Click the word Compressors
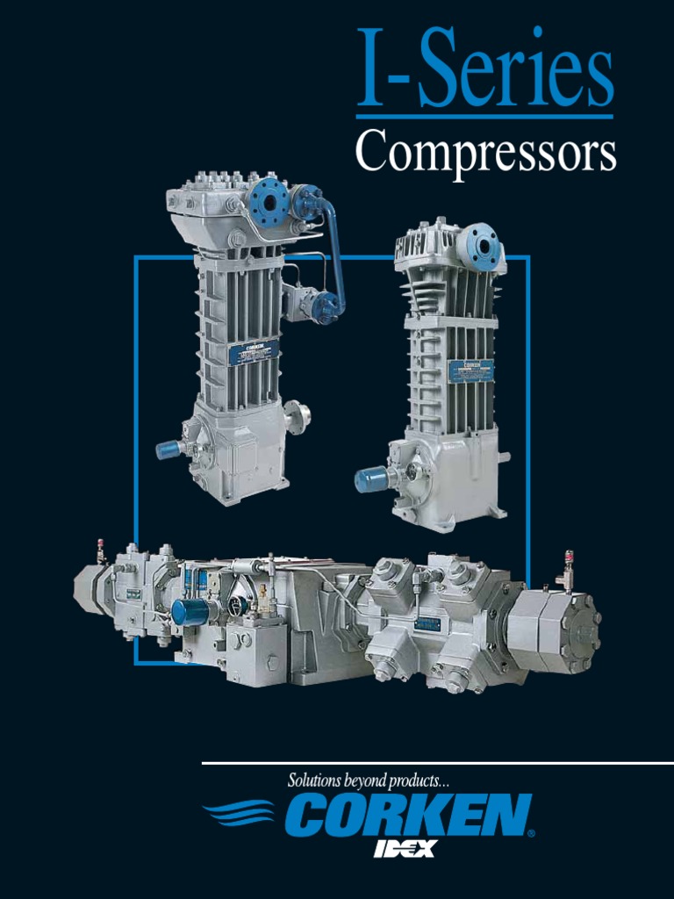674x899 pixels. point(485,153)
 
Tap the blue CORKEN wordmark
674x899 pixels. point(407,816)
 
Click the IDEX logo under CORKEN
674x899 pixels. point(405,848)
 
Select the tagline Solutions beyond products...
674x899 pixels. point(369,780)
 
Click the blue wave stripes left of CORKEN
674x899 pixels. point(239,815)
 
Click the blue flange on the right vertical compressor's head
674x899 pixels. point(484,247)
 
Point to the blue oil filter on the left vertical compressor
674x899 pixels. point(168,449)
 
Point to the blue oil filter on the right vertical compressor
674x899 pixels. point(370,479)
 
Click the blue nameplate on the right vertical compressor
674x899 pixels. point(471,370)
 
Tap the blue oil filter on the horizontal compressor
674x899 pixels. point(189,611)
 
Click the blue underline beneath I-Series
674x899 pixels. point(484,116)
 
